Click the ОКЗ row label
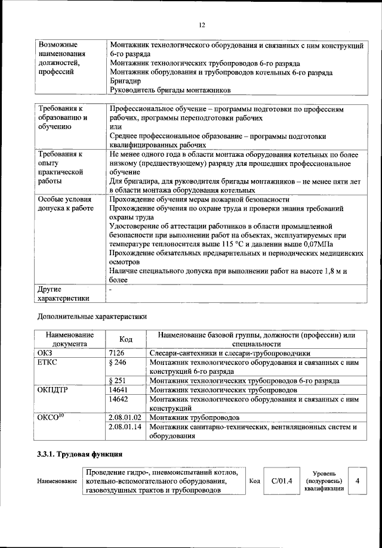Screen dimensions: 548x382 tap(46, 352)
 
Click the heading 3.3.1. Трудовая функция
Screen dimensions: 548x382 tap(75, 456)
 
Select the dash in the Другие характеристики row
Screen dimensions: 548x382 tap(111, 289)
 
